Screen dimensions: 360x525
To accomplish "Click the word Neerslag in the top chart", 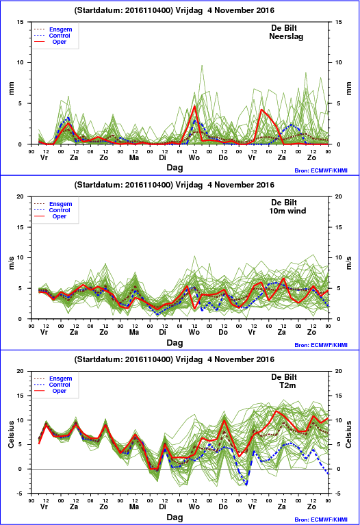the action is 286,36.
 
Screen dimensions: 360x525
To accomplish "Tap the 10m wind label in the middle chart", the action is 287,211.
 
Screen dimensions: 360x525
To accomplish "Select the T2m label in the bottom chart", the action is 287,385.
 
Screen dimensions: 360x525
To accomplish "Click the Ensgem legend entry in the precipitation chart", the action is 61,29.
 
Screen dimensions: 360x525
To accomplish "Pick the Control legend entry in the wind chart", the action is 60,210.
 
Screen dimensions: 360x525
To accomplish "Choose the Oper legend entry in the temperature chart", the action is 60,391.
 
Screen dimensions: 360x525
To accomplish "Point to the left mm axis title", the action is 12,88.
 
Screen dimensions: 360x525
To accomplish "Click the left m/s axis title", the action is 12,263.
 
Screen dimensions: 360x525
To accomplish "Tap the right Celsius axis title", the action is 348,434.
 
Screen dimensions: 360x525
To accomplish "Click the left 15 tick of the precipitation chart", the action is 21,22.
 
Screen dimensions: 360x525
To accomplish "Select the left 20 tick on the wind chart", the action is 21,196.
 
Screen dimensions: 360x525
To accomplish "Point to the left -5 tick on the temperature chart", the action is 20,494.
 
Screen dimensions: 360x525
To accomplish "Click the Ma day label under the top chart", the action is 134,157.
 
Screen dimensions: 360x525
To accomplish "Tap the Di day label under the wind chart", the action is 162,332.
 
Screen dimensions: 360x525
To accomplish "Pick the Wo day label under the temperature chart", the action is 194,507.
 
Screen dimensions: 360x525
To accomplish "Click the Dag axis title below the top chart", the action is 175,168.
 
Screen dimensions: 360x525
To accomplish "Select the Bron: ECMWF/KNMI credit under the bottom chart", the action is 321,520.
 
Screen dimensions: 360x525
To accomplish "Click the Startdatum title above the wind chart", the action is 174,185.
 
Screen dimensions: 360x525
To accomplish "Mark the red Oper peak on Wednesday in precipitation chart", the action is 194,106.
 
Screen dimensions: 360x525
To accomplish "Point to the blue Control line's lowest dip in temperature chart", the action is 246,484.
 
